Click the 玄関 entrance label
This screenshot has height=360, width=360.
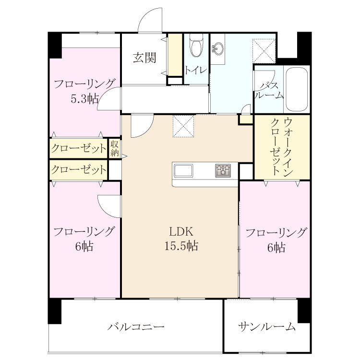coord(144,58)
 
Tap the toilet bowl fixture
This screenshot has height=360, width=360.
coord(197,46)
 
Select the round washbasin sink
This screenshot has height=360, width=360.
coord(217,48)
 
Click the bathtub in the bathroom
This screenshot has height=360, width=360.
coord(297,89)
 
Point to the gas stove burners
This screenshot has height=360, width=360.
coord(223,170)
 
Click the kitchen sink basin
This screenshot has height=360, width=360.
coord(183,170)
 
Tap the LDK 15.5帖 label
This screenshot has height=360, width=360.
coord(181,239)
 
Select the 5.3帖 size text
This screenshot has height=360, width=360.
coord(84,99)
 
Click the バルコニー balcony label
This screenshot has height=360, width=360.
coord(136,326)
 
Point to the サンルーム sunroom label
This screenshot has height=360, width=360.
coord(266,326)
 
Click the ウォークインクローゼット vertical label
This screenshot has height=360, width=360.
coord(282,147)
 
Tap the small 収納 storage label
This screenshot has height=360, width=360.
coord(115,148)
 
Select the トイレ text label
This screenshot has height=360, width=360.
coord(196,70)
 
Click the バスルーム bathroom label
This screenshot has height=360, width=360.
coord(269,90)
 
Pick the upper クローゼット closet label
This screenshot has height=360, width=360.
coord(79,148)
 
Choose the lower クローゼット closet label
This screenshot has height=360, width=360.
coord(79,170)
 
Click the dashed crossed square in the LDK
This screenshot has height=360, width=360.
coord(183,126)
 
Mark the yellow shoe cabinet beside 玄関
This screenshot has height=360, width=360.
coord(175,55)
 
